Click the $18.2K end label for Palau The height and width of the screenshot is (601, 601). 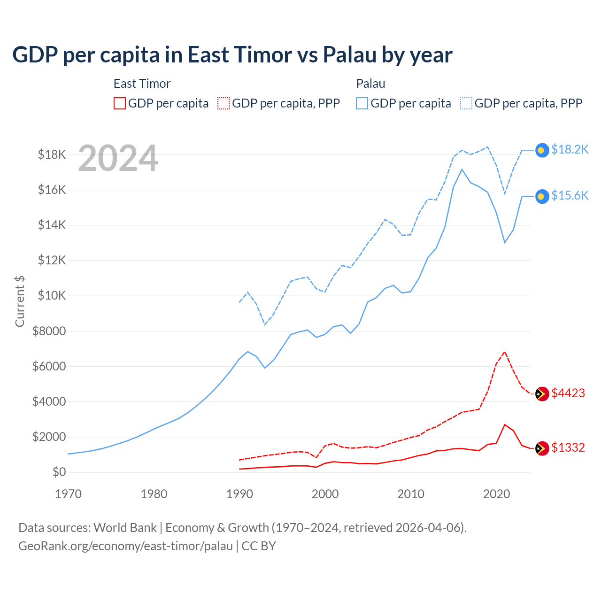point(570,149)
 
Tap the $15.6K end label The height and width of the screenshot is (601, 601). point(570,195)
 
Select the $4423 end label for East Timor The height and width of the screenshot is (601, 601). point(568,393)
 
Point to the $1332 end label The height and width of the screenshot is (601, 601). point(568,447)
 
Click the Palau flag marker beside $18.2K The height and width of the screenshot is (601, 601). point(542,150)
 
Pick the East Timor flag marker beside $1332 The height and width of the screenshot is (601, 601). point(542,448)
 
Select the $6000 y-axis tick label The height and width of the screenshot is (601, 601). point(49,366)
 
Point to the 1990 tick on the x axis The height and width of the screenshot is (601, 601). point(239,494)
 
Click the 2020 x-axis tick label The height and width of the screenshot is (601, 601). point(496,494)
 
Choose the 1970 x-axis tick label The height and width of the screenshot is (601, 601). point(68,494)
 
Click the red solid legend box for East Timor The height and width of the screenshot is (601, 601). point(120,103)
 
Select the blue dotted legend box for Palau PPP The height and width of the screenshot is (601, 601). point(466,103)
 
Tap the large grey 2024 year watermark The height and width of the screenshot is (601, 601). point(118,158)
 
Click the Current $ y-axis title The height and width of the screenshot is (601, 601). point(20,301)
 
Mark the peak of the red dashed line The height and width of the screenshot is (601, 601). point(505,352)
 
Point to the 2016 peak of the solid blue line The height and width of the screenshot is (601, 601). point(462,169)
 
